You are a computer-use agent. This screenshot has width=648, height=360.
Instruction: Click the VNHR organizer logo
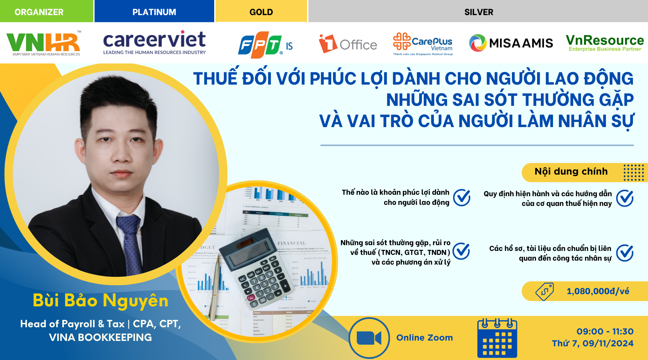pos(44,43)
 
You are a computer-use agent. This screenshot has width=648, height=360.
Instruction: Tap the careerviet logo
pos(154,42)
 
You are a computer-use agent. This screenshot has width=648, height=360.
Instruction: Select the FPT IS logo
pos(265,45)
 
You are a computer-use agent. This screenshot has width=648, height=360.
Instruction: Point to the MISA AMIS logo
pos(511,43)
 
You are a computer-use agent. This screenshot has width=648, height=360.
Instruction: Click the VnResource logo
pos(604,43)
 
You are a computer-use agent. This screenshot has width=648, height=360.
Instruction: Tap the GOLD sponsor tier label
pos(261,12)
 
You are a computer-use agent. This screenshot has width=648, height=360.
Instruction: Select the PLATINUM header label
pos(154,12)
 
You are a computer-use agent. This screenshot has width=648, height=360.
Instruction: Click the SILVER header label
pos(478,12)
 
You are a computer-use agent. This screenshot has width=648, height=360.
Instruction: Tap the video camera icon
pos(369,338)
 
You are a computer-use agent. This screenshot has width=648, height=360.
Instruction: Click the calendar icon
pos(497,338)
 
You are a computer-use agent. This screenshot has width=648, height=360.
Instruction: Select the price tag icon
pos(544,291)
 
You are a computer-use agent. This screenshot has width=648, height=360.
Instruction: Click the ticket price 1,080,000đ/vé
pos(598,291)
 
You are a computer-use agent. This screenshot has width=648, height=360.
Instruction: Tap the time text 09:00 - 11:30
pos(605,331)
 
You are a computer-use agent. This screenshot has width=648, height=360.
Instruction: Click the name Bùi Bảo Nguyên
pos(100,300)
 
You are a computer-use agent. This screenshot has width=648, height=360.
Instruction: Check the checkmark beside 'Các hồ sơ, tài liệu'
pos(625,253)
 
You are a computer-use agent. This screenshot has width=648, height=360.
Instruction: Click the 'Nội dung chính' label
pos(571,171)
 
